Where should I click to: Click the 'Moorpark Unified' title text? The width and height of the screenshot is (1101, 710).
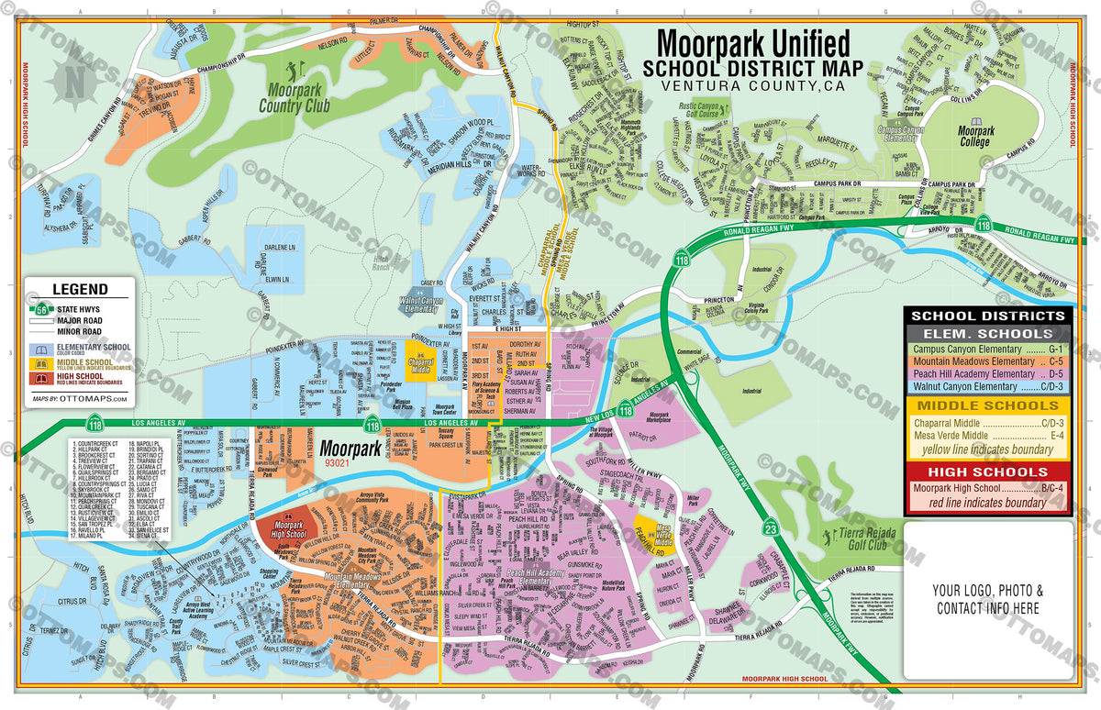tap(751, 44)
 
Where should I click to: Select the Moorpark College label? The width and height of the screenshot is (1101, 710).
tap(975, 138)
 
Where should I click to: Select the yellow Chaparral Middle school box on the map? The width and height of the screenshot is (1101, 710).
tap(420, 358)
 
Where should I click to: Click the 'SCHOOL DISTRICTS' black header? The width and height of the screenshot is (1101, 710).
tap(987, 316)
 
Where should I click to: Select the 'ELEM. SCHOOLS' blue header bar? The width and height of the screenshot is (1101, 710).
tap(987, 333)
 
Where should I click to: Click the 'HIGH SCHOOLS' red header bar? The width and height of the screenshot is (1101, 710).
tap(987, 471)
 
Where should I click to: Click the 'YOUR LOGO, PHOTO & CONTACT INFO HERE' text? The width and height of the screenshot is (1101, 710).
tap(987, 599)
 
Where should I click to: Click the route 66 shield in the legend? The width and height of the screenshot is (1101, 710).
tap(42, 310)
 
